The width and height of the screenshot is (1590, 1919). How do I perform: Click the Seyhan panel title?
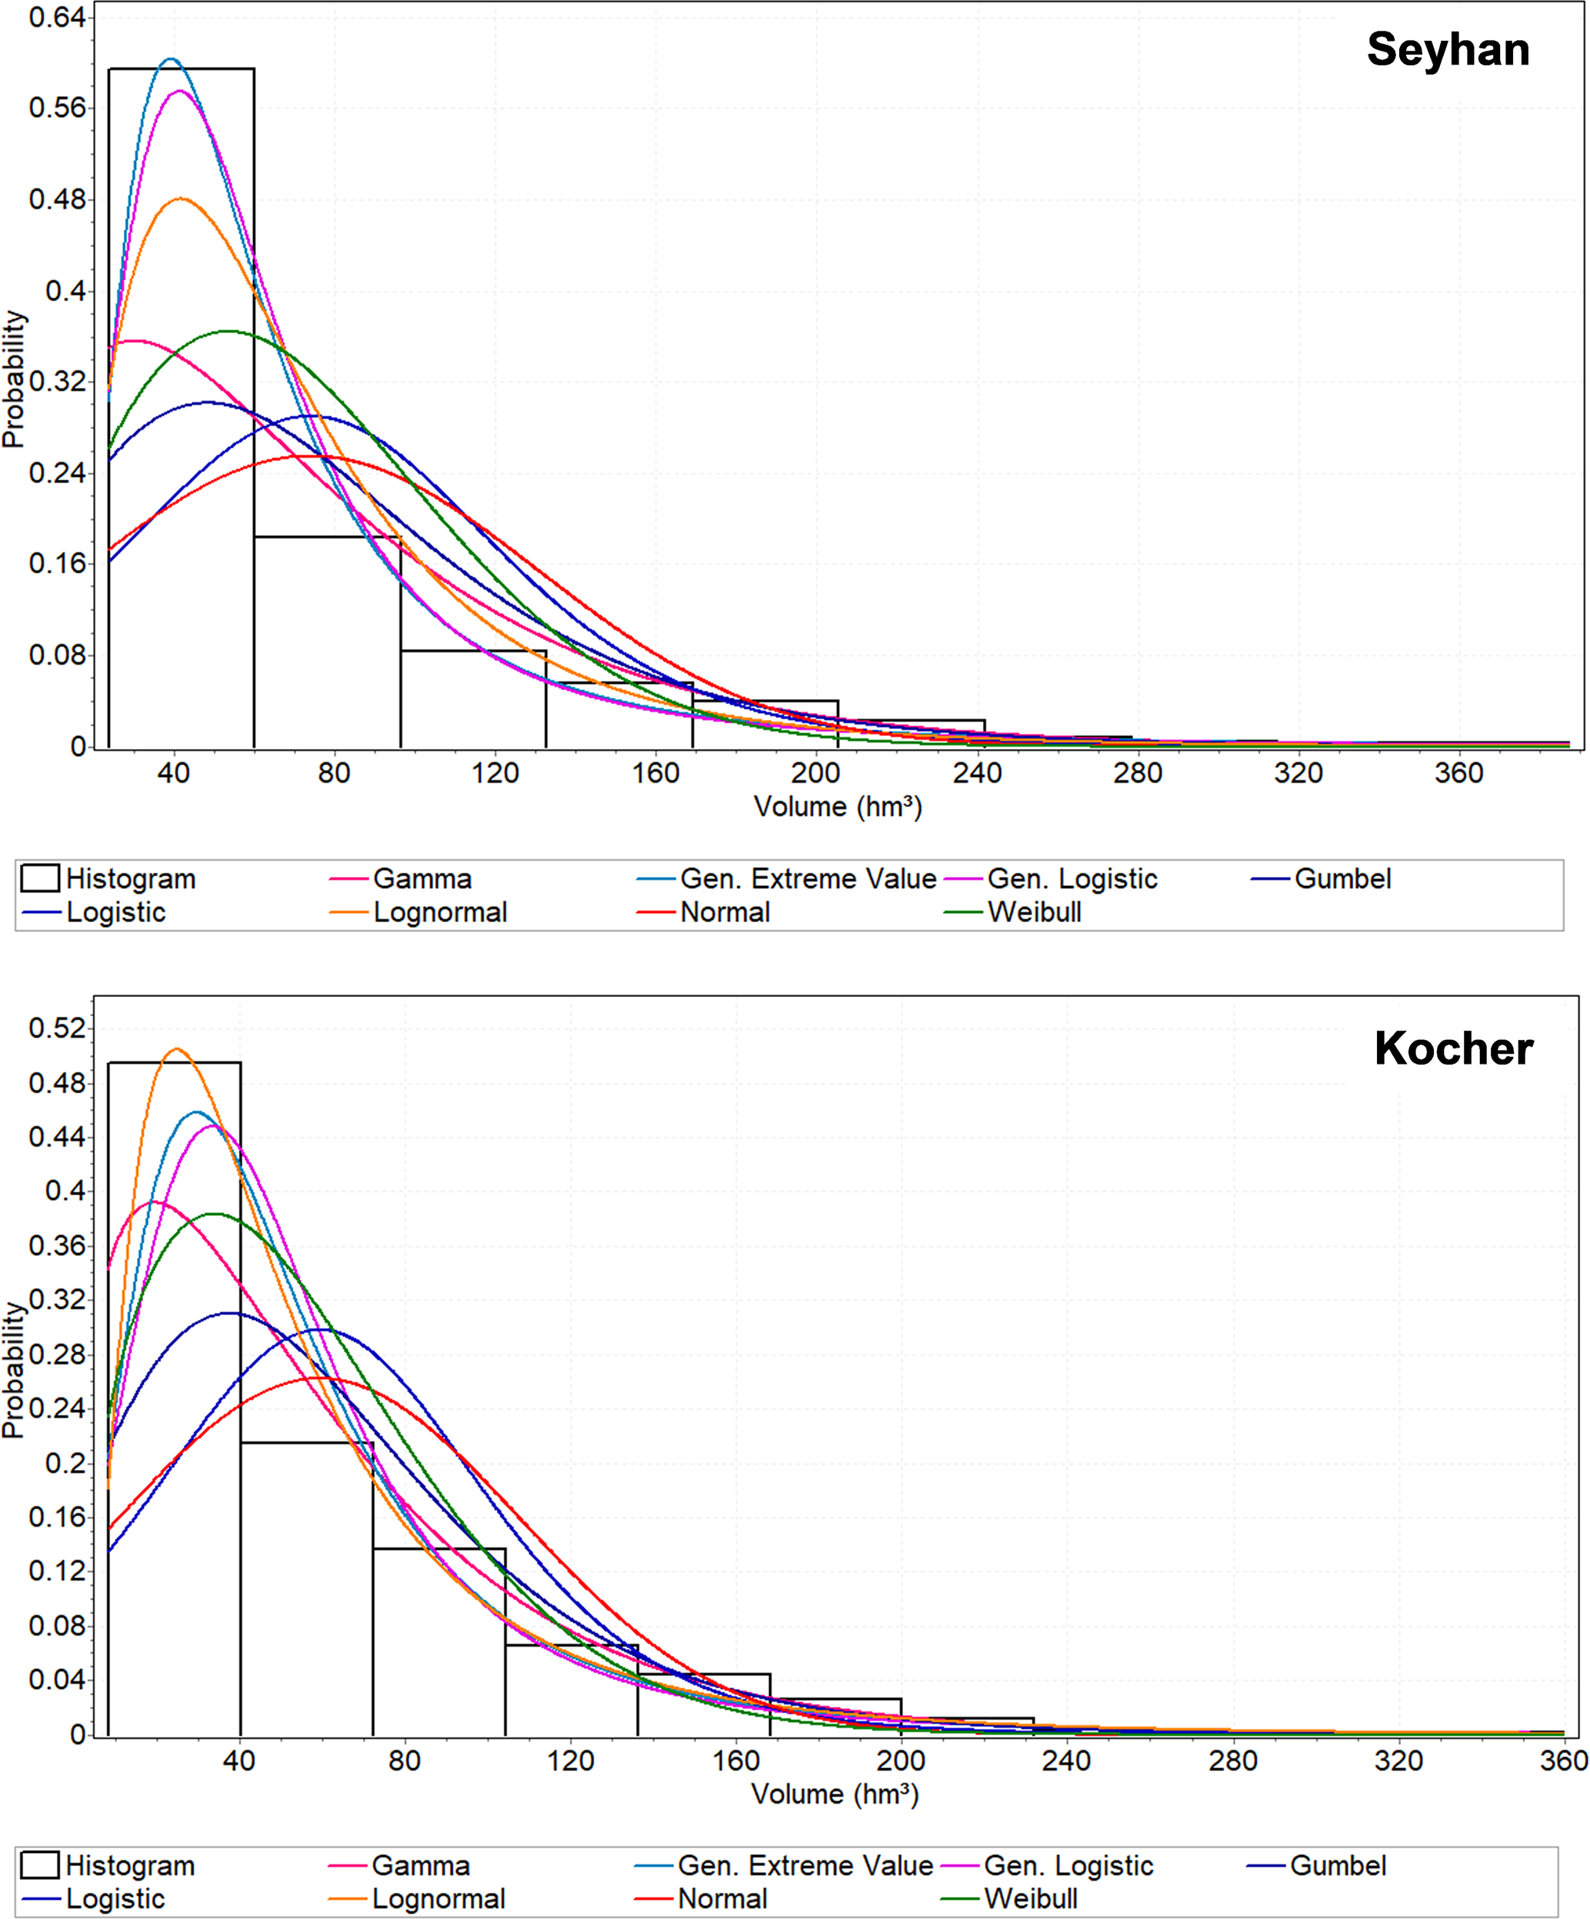[1448, 49]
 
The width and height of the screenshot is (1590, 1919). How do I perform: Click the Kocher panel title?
[1453, 1048]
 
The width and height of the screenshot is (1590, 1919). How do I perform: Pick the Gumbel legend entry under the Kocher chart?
[1337, 1865]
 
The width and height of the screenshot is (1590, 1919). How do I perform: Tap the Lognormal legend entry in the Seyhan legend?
[439, 912]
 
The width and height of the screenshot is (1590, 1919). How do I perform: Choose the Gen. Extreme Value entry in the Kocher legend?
[804, 1865]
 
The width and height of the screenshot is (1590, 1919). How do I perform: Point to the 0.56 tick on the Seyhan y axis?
[57, 108]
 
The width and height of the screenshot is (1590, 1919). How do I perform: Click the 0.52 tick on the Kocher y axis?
[57, 1028]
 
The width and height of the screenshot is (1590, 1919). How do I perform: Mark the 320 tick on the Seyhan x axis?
[1298, 773]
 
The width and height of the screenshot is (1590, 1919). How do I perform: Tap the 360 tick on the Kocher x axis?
[1562, 1760]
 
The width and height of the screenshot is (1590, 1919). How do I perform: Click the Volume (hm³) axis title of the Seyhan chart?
[837, 807]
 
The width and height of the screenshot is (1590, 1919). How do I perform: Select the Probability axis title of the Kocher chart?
[13, 1371]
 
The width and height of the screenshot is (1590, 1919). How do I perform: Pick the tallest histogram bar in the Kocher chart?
[174, 1398]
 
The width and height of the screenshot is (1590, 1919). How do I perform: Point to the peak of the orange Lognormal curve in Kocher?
[177, 1049]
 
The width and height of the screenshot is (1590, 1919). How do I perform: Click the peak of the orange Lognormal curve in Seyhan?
[181, 198]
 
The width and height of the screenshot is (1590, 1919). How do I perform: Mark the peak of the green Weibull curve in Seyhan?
[227, 331]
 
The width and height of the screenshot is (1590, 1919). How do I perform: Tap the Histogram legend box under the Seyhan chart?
[40, 878]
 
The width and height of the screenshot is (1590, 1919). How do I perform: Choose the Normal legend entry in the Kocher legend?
[722, 1898]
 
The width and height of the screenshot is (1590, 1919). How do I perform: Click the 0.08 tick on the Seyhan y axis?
[57, 655]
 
